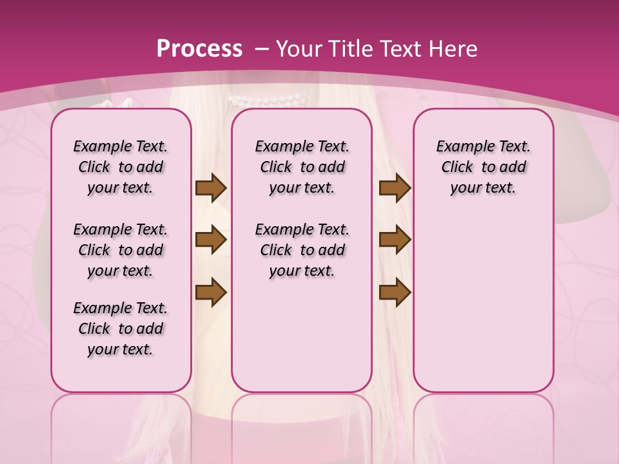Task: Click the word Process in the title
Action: point(200,48)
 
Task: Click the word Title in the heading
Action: point(349,48)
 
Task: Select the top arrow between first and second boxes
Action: point(211,188)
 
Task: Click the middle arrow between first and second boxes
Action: point(211,240)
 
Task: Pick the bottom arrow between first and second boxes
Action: point(211,293)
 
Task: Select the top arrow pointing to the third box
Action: point(395,188)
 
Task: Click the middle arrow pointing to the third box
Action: point(395,240)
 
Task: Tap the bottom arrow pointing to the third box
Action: point(395,293)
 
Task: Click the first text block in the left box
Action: point(121,167)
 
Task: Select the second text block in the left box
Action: point(121,250)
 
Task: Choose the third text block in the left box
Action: point(121,329)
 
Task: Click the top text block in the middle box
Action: point(302,167)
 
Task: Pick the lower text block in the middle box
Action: point(302,250)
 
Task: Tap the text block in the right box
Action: point(483,167)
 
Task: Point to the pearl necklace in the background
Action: point(267,100)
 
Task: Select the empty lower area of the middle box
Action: point(302,335)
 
